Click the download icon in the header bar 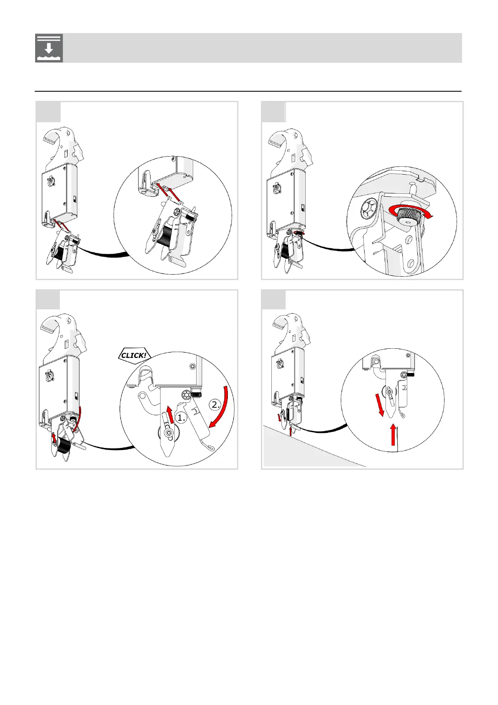click(x=49, y=48)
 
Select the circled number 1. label click(x=181, y=417)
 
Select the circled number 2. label click(x=215, y=404)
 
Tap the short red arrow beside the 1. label click(x=170, y=414)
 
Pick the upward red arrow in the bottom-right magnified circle click(x=393, y=435)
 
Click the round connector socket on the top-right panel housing click(x=277, y=188)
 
